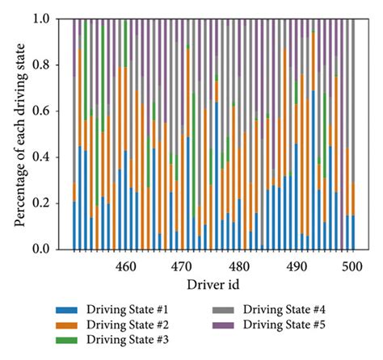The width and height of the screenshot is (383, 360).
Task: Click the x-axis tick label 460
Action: pos(124,266)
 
